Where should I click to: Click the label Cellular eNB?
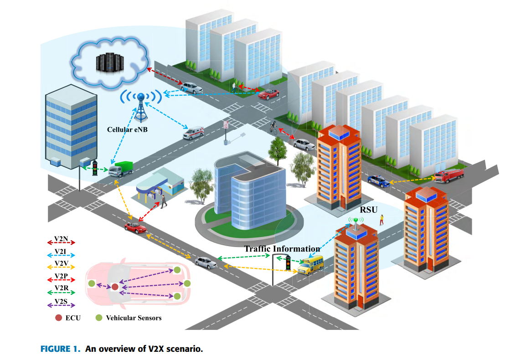pyautogui.click(x=128, y=129)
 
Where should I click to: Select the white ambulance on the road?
pyautogui.click(x=194, y=132)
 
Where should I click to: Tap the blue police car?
pyautogui.click(x=378, y=180)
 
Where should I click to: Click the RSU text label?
pyautogui.click(x=368, y=210)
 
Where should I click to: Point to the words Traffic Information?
pyautogui.click(x=282, y=249)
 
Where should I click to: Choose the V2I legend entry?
pyautogui.click(x=61, y=251)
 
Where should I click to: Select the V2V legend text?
pyautogui.click(x=61, y=264)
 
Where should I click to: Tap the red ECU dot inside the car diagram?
pyautogui.click(x=115, y=287)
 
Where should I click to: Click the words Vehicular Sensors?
pyautogui.click(x=134, y=318)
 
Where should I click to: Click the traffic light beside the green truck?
pyautogui.click(x=95, y=168)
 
